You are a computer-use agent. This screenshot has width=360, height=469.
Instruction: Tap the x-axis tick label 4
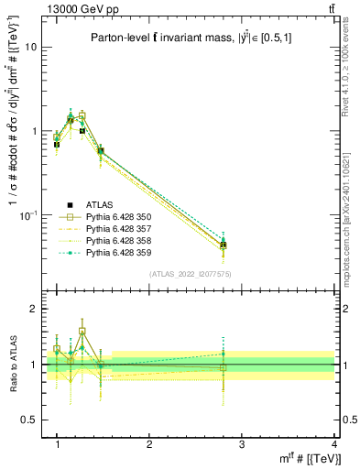coord(333,444)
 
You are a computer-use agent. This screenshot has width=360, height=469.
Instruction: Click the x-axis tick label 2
coord(149,444)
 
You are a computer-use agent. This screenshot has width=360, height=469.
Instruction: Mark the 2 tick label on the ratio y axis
coord(33,310)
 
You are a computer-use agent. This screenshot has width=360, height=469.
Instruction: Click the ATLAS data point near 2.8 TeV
coord(224,245)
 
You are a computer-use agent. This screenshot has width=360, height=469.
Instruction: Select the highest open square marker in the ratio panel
coord(82,332)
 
